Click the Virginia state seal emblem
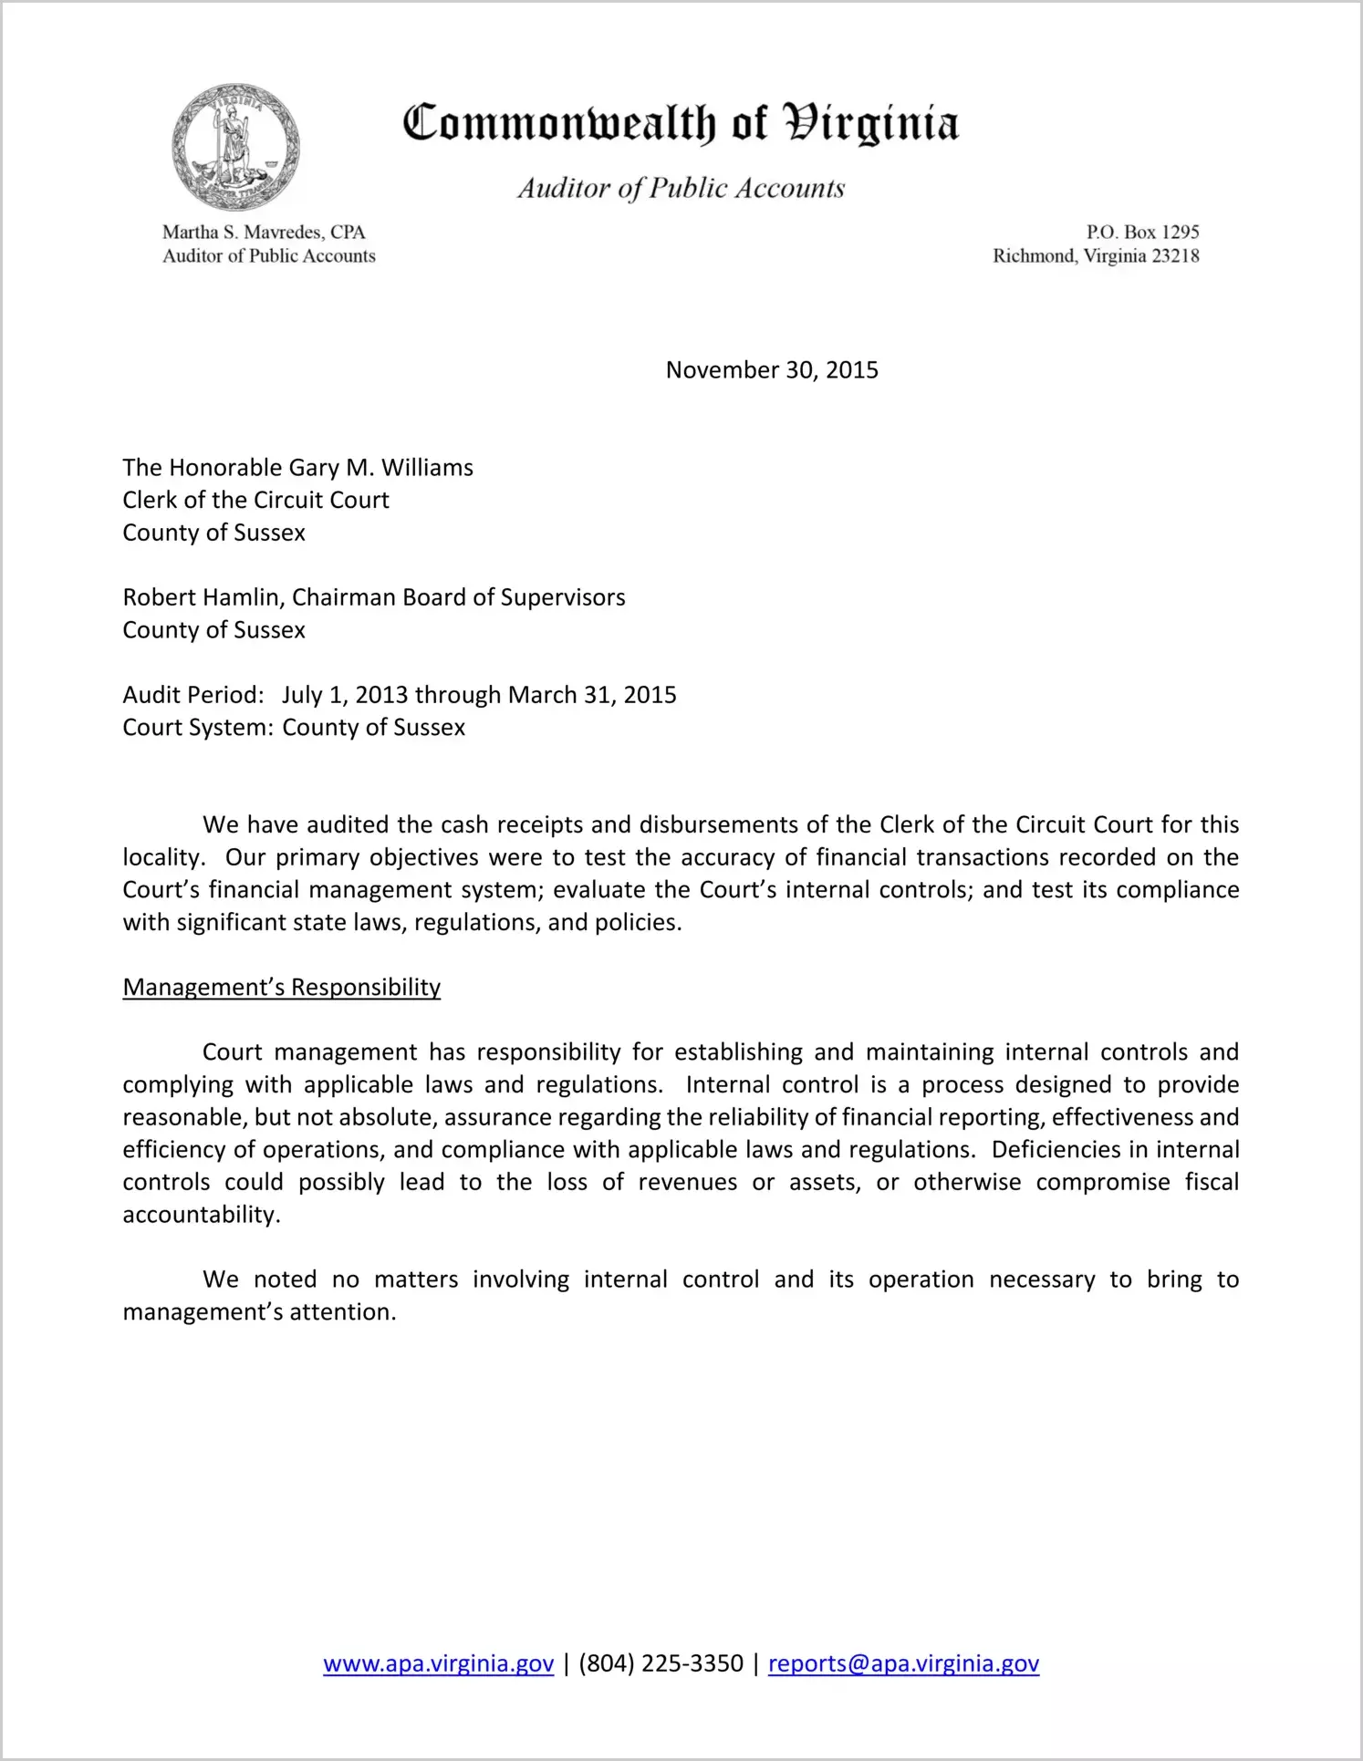tap(235, 146)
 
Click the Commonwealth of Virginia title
tap(681, 123)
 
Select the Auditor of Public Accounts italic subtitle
tap(681, 188)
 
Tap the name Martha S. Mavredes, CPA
tap(264, 233)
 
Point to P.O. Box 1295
tap(1142, 233)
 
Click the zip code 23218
tap(1175, 256)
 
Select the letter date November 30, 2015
tap(772, 370)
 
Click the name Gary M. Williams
tap(380, 468)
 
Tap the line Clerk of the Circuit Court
tap(255, 501)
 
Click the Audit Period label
tap(192, 695)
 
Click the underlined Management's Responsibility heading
tap(281, 988)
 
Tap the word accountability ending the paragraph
tap(200, 1215)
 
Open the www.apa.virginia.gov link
tap(438, 1663)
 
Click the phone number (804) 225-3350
tap(661, 1663)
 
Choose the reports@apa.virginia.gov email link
tap(903, 1663)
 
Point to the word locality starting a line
tap(161, 857)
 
